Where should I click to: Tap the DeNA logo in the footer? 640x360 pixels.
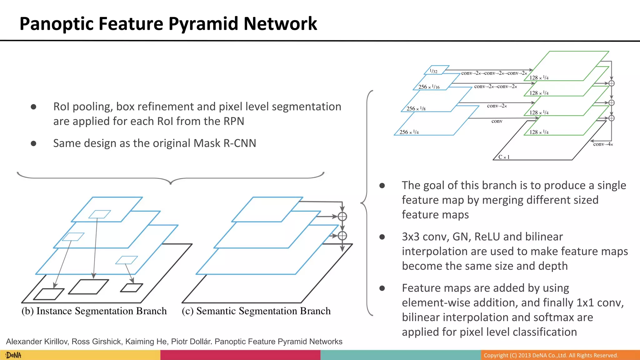click(13, 355)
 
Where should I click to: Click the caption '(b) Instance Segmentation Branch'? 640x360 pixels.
click(94, 311)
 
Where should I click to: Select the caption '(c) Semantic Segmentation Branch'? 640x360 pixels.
click(256, 311)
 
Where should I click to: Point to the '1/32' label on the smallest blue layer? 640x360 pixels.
click(433, 71)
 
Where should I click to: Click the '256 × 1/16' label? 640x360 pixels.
click(429, 87)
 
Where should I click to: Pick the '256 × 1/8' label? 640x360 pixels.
click(416, 109)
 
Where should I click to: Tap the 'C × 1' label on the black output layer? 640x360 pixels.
click(504, 157)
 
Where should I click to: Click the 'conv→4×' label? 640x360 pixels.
click(603, 144)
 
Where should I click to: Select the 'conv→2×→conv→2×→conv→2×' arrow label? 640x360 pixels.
click(494, 73)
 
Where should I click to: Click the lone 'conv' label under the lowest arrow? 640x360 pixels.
click(497, 121)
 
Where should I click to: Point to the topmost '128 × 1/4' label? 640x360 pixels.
click(539, 77)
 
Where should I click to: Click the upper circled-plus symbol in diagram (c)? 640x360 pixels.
click(342, 216)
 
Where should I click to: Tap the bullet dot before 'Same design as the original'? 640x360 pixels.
click(34, 143)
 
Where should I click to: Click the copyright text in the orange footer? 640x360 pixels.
click(551, 355)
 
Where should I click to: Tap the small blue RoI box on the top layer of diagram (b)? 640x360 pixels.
click(100, 214)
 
